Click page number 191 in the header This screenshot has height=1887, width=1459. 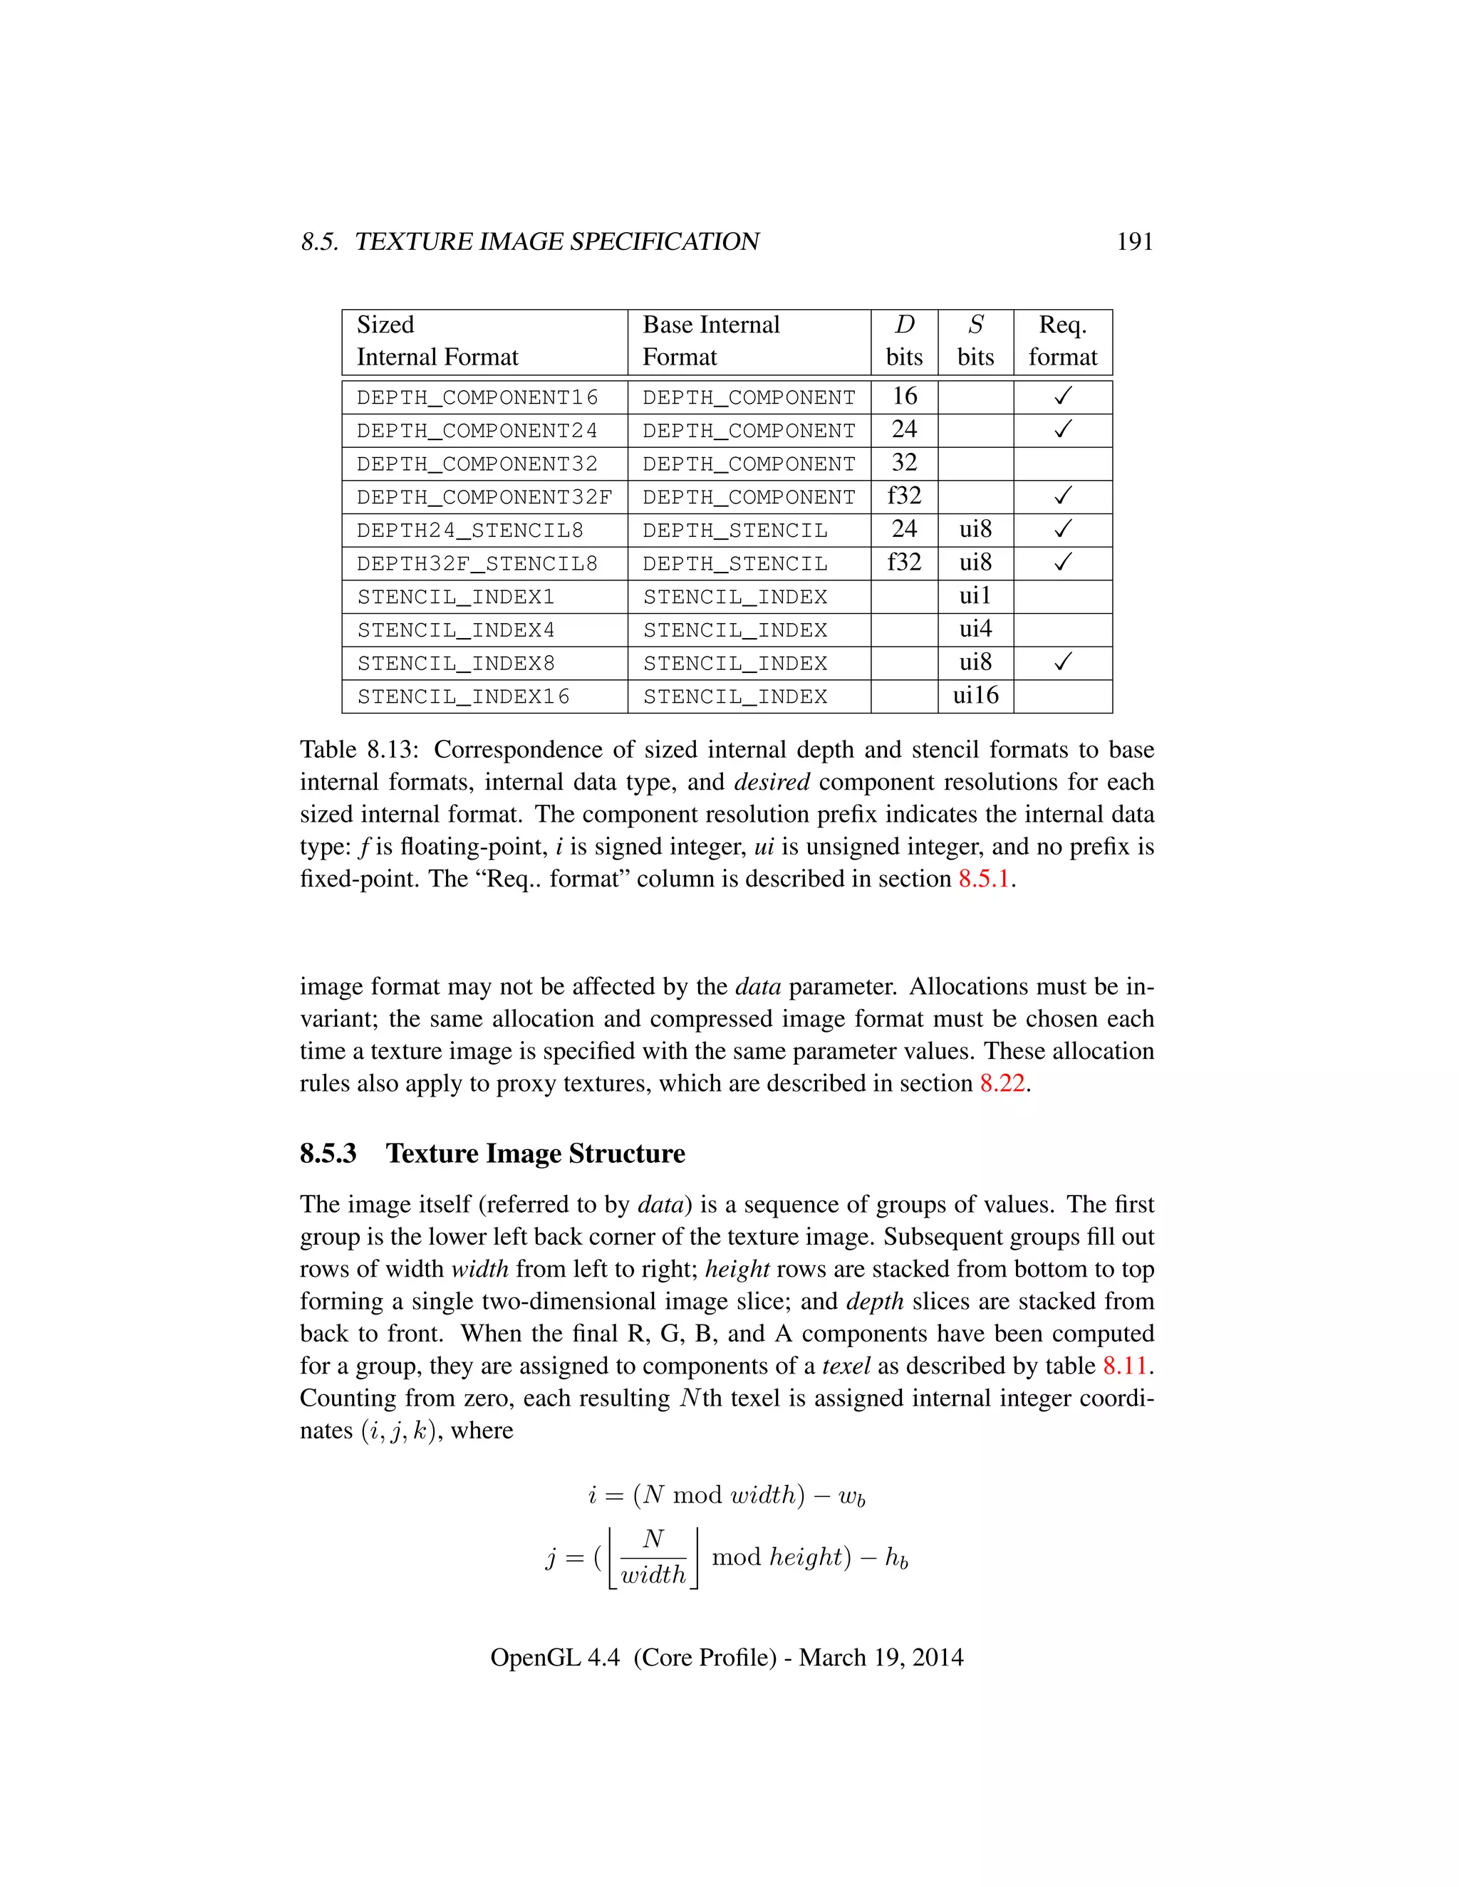[x=1134, y=241]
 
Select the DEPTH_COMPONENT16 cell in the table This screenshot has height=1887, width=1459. [x=477, y=397]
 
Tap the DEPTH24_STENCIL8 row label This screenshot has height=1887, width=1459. [x=469, y=530]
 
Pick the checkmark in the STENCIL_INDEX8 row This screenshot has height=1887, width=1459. [x=1062, y=663]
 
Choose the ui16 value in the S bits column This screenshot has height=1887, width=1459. [x=975, y=696]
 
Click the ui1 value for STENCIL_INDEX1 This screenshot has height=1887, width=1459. [x=975, y=596]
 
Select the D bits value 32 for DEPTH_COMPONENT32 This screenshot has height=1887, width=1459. [x=904, y=463]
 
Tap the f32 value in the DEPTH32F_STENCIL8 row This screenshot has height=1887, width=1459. [x=904, y=563]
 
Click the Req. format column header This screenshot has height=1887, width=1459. [x=1062, y=341]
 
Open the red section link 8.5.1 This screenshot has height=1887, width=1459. [x=984, y=879]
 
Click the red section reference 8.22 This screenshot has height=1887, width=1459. [x=1002, y=1084]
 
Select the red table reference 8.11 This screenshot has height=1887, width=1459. [x=1124, y=1366]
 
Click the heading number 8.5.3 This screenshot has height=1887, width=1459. [x=328, y=1154]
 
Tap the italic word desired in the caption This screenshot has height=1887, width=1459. [x=771, y=782]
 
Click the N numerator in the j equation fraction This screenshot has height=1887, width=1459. [x=653, y=1539]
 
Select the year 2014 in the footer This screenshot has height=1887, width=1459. [x=937, y=1657]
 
